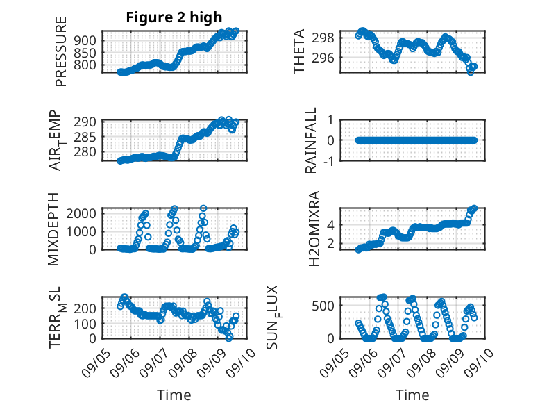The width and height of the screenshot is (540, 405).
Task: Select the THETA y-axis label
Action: coord(299,51)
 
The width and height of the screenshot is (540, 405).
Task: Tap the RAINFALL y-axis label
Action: coord(312,140)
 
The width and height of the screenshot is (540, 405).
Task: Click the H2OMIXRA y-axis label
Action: coord(313,229)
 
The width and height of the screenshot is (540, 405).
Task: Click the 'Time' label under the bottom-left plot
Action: coord(174,395)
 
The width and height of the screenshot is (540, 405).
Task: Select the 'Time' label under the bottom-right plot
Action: coord(412,395)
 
